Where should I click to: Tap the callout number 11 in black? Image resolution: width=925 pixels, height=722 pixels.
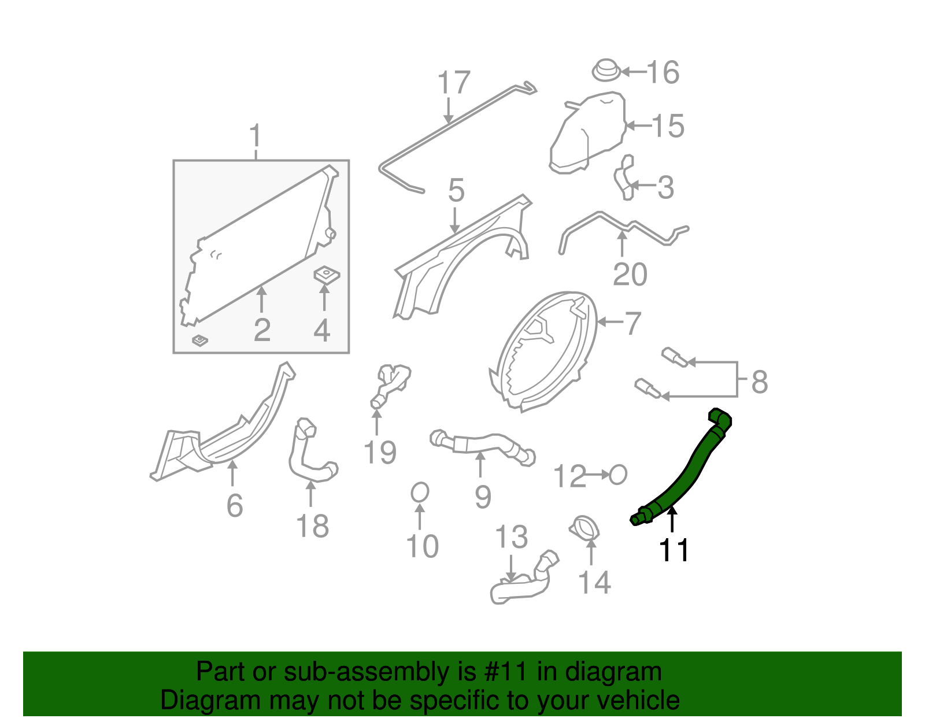[674, 550]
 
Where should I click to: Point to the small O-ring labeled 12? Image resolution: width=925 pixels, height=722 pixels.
[618, 475]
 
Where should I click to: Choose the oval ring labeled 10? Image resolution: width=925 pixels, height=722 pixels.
[420, 493]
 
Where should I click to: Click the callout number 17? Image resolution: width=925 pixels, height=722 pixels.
[454, 83]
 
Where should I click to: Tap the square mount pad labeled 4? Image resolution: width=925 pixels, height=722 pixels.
[327, 274]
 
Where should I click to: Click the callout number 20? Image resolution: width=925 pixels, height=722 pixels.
[630, 275]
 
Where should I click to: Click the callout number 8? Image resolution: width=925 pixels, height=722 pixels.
[760, 382]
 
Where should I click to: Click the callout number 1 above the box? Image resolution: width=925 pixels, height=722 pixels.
[255, 136]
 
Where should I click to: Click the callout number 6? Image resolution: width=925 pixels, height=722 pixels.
[235, 506]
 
